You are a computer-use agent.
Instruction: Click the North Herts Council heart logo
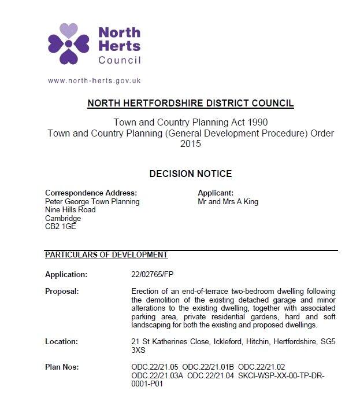pyautogui.click(x=68, y=43)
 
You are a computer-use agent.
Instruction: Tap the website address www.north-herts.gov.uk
pyautogui.click(x=94, y=81)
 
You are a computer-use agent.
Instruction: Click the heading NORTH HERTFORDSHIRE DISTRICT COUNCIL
pyautogui.click(x=191, y=104)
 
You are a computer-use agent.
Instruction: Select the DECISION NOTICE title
pyautogui.click(x=191, y=174)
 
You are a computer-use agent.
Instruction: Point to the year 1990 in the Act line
pyautogui.click(x=257, y=123)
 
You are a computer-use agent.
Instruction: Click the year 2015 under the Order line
pyautogui.click(x=191, y=143)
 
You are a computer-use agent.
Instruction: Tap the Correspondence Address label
pyautogui.click(x=91, y=193)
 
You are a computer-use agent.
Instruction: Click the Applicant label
pyautogui.click(x=216, y=193)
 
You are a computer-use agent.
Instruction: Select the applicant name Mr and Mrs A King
pyautogui.click(x=228, y=202)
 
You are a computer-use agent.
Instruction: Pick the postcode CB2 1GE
pyautogui.click(x=60, y=227)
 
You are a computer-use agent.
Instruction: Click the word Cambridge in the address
pyautogui.click(x=63, y=219)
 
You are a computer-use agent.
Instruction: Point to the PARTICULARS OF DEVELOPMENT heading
pyautogui.click(x=106, y=255)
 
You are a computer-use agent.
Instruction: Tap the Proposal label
pyautogui.click(x=62, y=291)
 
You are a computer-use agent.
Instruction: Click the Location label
pyautogui.click(x=61, y=342)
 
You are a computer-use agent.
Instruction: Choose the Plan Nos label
pyautogui.click(x=62, y=367)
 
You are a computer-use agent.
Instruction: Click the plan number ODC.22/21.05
pyautogui.click(x=154, y=367)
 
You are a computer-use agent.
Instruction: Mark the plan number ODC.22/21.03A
pyautogui.click(x=157, y=375)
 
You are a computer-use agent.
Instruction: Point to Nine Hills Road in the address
pyautogui.click(x=70, y=210)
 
